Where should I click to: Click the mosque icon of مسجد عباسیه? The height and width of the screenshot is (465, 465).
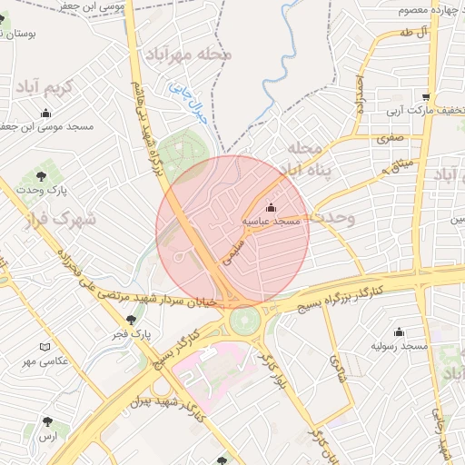coord(270,207)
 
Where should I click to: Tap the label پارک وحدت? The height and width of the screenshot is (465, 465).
coord(47,190)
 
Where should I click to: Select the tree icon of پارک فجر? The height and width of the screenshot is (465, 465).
coord(133,320)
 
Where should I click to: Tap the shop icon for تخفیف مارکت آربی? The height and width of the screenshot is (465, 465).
coord(426,98)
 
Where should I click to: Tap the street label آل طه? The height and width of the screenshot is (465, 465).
coord(411,34)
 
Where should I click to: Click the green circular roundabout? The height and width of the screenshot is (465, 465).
coord(243,321)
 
